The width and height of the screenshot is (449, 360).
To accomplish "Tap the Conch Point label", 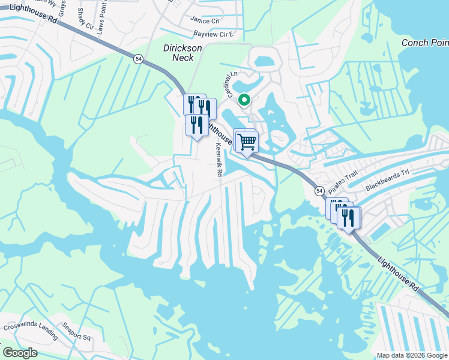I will click(x=424, y=43).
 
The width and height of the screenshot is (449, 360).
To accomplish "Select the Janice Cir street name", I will click(x=205, y=20).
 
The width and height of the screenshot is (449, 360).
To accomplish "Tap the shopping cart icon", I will click(x=247, y=142).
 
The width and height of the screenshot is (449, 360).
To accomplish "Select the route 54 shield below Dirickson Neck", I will click(x=139, y=59).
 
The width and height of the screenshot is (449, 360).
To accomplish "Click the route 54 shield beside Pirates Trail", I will click(x=318, y=190).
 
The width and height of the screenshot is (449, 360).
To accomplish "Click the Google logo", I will click(x=20, y=353).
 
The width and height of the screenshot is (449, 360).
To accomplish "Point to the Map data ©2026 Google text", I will click(x=412, y=355).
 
